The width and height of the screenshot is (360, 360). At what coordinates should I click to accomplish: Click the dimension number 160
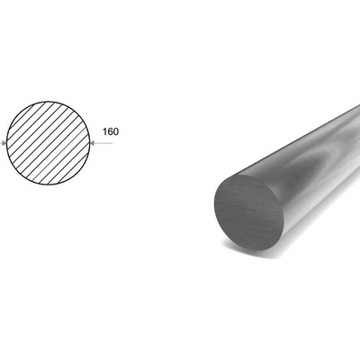(111, 131)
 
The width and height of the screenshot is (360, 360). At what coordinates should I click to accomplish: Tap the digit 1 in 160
(104, 131)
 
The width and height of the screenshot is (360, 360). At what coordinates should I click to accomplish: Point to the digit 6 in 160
(111, 131)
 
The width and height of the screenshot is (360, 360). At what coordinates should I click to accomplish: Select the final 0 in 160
(116, 131)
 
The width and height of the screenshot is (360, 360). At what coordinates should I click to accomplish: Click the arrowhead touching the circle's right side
(92, 143)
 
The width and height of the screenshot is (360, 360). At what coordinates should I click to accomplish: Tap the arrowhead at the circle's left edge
(4, 143)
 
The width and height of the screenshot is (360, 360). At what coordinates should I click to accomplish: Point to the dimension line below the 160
(101, 143)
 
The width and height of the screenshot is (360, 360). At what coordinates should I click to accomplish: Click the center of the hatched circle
(48, 143)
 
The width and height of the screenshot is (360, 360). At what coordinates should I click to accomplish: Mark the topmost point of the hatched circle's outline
(48, 102)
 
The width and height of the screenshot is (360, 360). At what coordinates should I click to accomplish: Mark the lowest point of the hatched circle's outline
(48, 184)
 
